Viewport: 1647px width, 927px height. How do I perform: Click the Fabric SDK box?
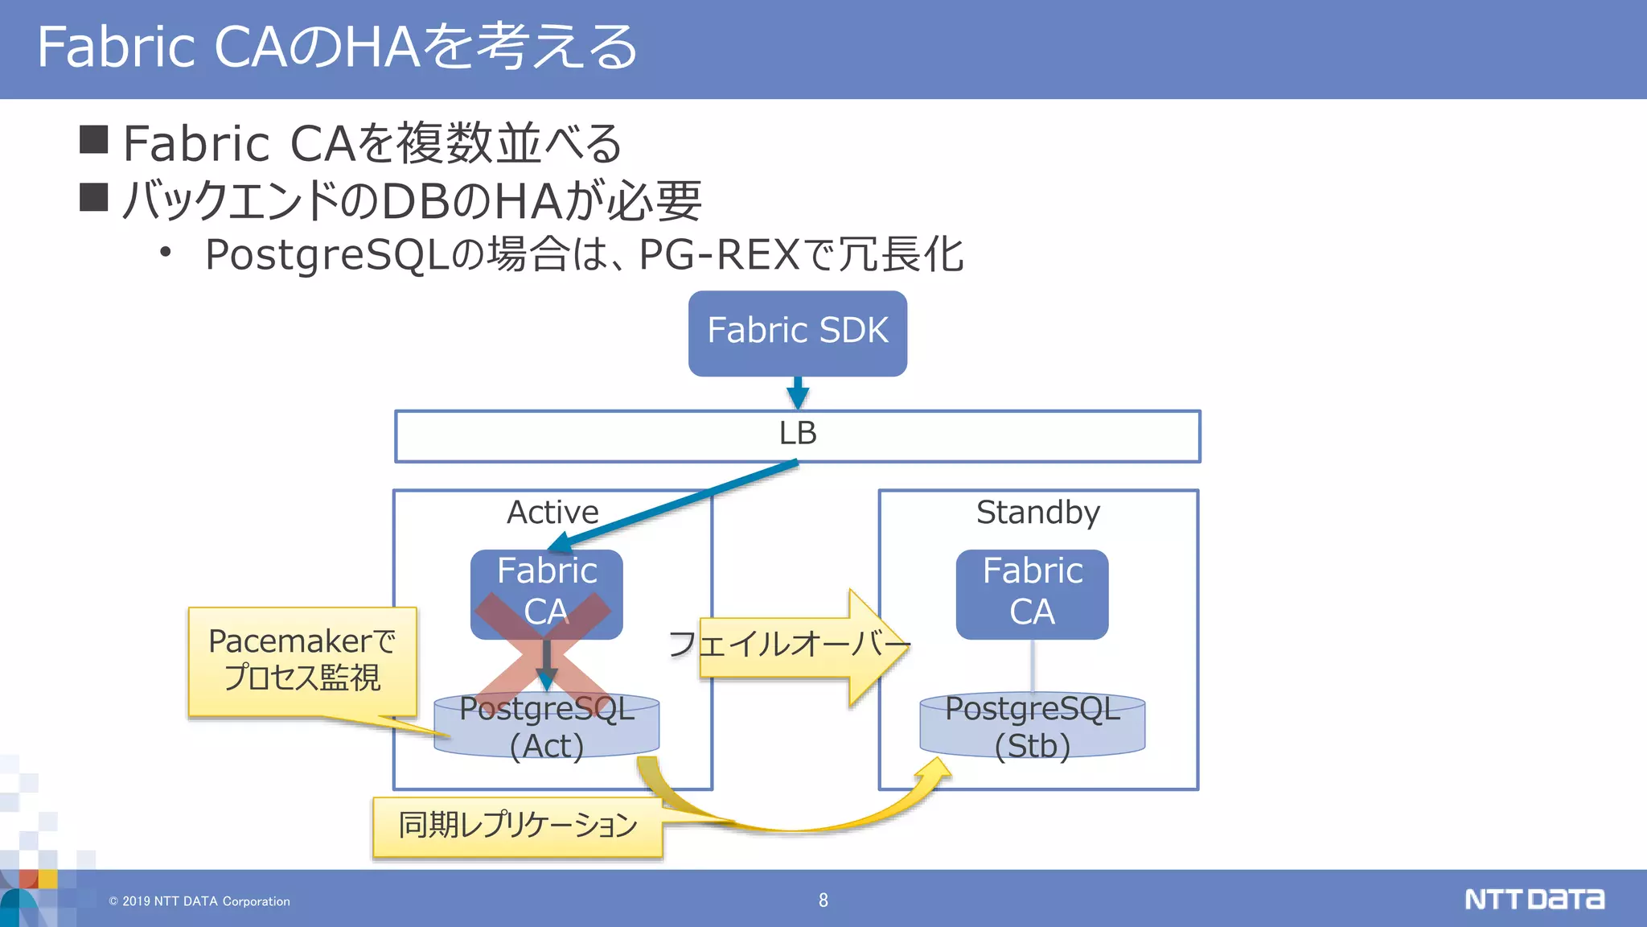(797, 332)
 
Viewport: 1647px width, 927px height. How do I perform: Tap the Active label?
(552, 513)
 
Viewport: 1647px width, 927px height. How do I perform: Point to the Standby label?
(1037, 513)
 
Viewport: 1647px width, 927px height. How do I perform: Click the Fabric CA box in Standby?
(1032, 594)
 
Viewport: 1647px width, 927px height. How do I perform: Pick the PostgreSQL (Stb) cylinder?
(1032, 727)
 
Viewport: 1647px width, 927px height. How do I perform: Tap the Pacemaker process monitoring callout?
(302, 660)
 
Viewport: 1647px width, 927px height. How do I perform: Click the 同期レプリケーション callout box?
(517, 826)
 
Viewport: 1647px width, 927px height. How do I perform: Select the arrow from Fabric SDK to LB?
(797, 393)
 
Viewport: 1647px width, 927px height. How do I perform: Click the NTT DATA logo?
(1534, 899)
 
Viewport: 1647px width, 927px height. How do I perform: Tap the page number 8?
(823, 900)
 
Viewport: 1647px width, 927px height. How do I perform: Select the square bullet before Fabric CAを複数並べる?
(94, 139)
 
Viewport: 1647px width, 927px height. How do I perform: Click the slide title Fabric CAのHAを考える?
(338, 47)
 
